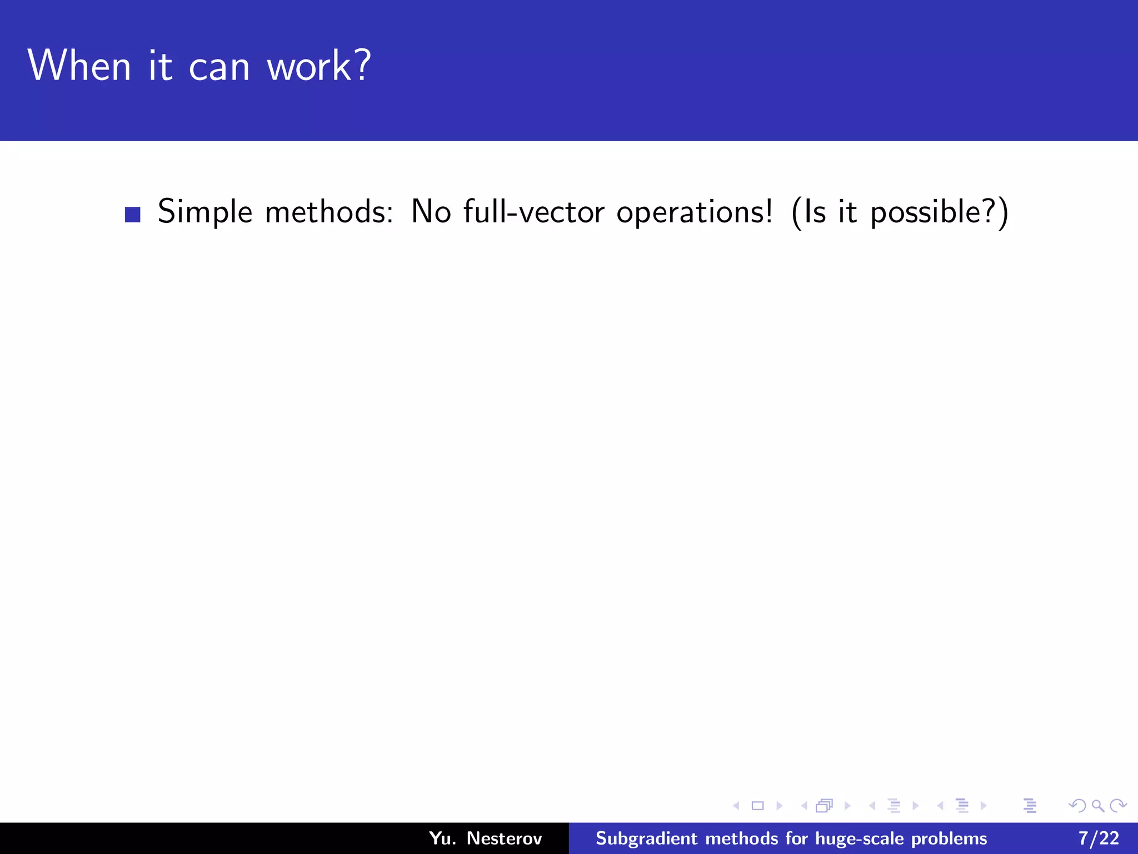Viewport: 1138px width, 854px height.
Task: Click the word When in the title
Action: click(x=79, y=66)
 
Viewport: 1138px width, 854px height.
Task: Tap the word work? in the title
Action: click(x=318, y=66)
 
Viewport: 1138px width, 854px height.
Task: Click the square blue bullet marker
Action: click(x=132, y=215)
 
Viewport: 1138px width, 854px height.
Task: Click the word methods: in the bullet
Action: click(x=329, y=212)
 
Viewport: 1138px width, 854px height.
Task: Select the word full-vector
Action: click(x=533, y=212)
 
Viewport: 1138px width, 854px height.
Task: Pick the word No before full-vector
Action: click(x=431, y=212)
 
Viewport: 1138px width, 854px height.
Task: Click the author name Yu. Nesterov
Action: click(x=485, y=838)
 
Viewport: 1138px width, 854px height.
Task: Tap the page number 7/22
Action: click(x=1099, y=838)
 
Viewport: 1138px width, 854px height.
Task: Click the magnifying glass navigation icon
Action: click(x=1098, y=806)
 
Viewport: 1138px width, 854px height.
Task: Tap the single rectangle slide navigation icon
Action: click(x=757, y=806)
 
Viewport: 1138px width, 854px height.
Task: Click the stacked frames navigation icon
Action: click(x=825, y=806)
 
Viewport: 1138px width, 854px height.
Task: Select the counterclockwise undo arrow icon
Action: click(x=1077, y=806)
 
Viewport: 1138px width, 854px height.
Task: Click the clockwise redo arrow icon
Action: click(x=1118, y=806)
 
